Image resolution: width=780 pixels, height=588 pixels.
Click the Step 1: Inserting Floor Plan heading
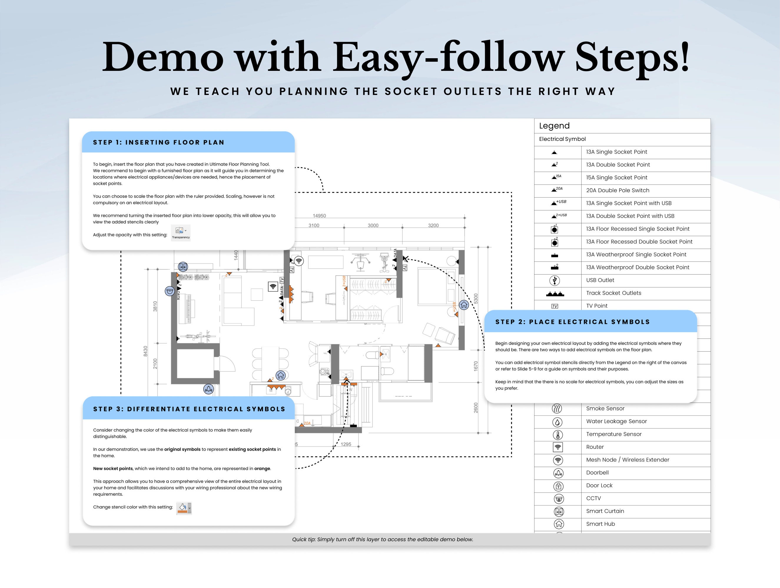click(158, 142)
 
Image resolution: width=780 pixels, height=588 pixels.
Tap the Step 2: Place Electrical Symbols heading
click(572, 322)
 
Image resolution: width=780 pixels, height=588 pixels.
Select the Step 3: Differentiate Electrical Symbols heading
click(189, 409)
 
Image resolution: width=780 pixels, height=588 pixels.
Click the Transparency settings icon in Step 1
click(180, 233)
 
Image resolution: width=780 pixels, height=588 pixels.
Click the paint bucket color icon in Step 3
click(184, 508)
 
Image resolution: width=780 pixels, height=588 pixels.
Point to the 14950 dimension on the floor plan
click(319, 216)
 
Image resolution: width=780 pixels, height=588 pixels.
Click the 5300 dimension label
click(476, 298)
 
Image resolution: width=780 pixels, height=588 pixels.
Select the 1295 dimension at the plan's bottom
click(346, 444)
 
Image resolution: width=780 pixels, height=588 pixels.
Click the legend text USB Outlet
click(600, 280)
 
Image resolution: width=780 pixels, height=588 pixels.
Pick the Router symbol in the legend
click(557, 447)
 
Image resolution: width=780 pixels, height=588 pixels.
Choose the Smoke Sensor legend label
click(605, 408)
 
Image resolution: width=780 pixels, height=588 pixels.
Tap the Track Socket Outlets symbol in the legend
click(555, 293)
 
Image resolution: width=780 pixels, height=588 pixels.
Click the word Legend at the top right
click(554, 126)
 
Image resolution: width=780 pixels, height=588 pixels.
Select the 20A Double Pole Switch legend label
click(618, 190)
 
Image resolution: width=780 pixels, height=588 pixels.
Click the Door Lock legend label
click(599, 485)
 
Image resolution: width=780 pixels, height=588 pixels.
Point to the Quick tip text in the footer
click(382, 539)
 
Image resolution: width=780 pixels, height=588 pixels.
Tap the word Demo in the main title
click(162, 57)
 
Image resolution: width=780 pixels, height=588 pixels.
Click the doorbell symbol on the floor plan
click(208, 389)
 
